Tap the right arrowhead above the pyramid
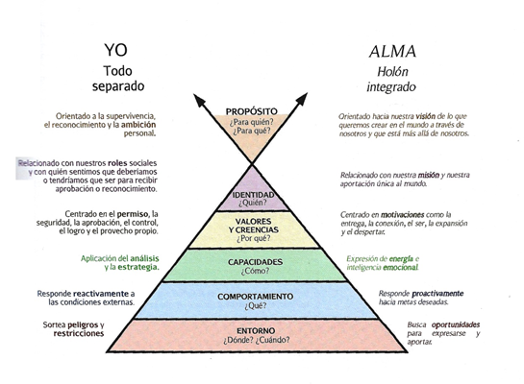307,100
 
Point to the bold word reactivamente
94,292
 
